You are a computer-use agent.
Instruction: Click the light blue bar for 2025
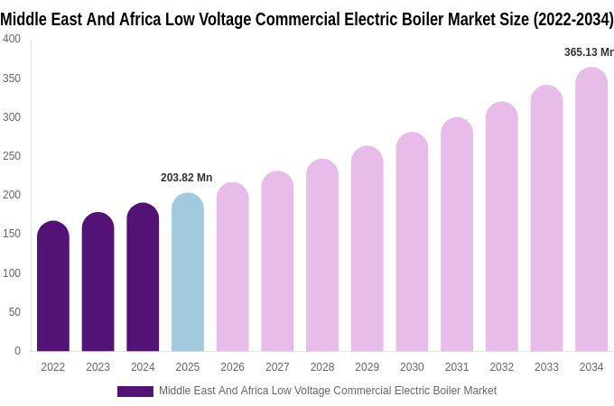coord(188,272)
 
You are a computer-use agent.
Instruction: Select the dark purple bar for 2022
coord(53,287)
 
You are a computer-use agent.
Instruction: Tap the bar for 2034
coord(591,209)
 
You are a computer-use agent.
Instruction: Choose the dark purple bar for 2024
coord(143,278)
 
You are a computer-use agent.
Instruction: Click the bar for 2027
coord(277,262)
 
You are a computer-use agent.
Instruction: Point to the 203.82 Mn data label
coord(186,178)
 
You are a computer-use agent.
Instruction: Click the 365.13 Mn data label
coord(589,52)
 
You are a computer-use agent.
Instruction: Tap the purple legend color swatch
coord(135,391)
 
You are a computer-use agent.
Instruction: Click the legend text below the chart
coord(328,391)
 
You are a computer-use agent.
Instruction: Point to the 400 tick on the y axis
coord(12,39)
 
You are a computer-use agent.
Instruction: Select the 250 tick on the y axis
coord(12,156)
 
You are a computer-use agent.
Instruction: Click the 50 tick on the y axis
coord(14,312)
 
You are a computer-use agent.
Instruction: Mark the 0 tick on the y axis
coord(17,351)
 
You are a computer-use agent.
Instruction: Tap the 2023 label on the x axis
coord(98,367)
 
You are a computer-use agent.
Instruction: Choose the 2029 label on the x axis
coord(367,367)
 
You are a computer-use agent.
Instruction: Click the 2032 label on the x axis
coord(501,367)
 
